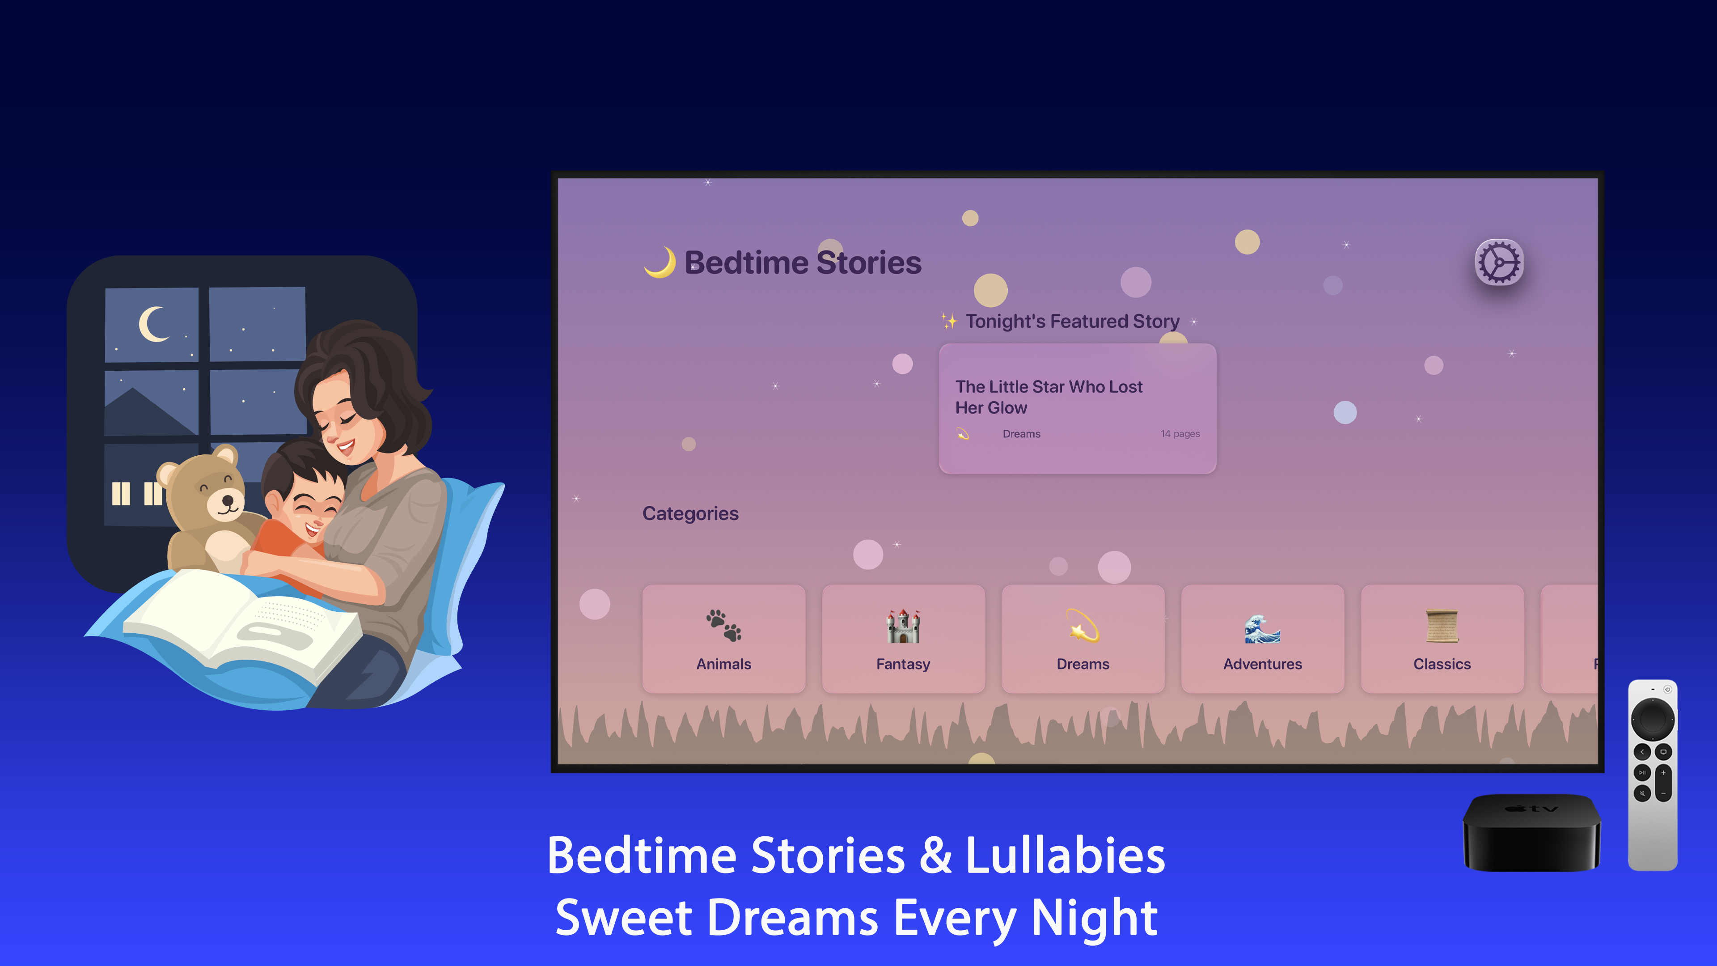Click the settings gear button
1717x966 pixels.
click(x=1499, y=262)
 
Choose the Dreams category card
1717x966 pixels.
click(x=1083, y=639)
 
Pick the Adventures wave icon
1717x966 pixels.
click(x=1262, y=628)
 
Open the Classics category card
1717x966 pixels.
click(x=1442, y=639)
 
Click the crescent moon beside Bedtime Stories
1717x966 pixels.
click(x=660, y=262)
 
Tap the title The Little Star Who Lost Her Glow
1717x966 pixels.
click(x=1049, y=397)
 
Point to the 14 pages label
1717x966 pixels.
click(x=1180, y=434)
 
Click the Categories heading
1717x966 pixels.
click(x=690, y=513)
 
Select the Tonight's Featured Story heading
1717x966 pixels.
click(x=1072, y=322)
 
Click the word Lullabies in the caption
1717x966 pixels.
click(x=1065, y=856)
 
